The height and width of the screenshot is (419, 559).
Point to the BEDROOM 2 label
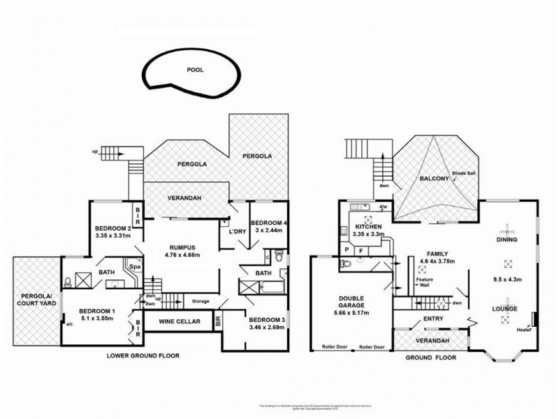[x=113, y=228]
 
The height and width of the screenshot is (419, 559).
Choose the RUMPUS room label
[x=181, y=247]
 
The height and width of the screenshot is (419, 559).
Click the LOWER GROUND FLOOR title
[x=143, y=355]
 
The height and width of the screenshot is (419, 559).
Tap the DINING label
[x=508, y=240]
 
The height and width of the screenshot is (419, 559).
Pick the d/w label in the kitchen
[x=383, y=207]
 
